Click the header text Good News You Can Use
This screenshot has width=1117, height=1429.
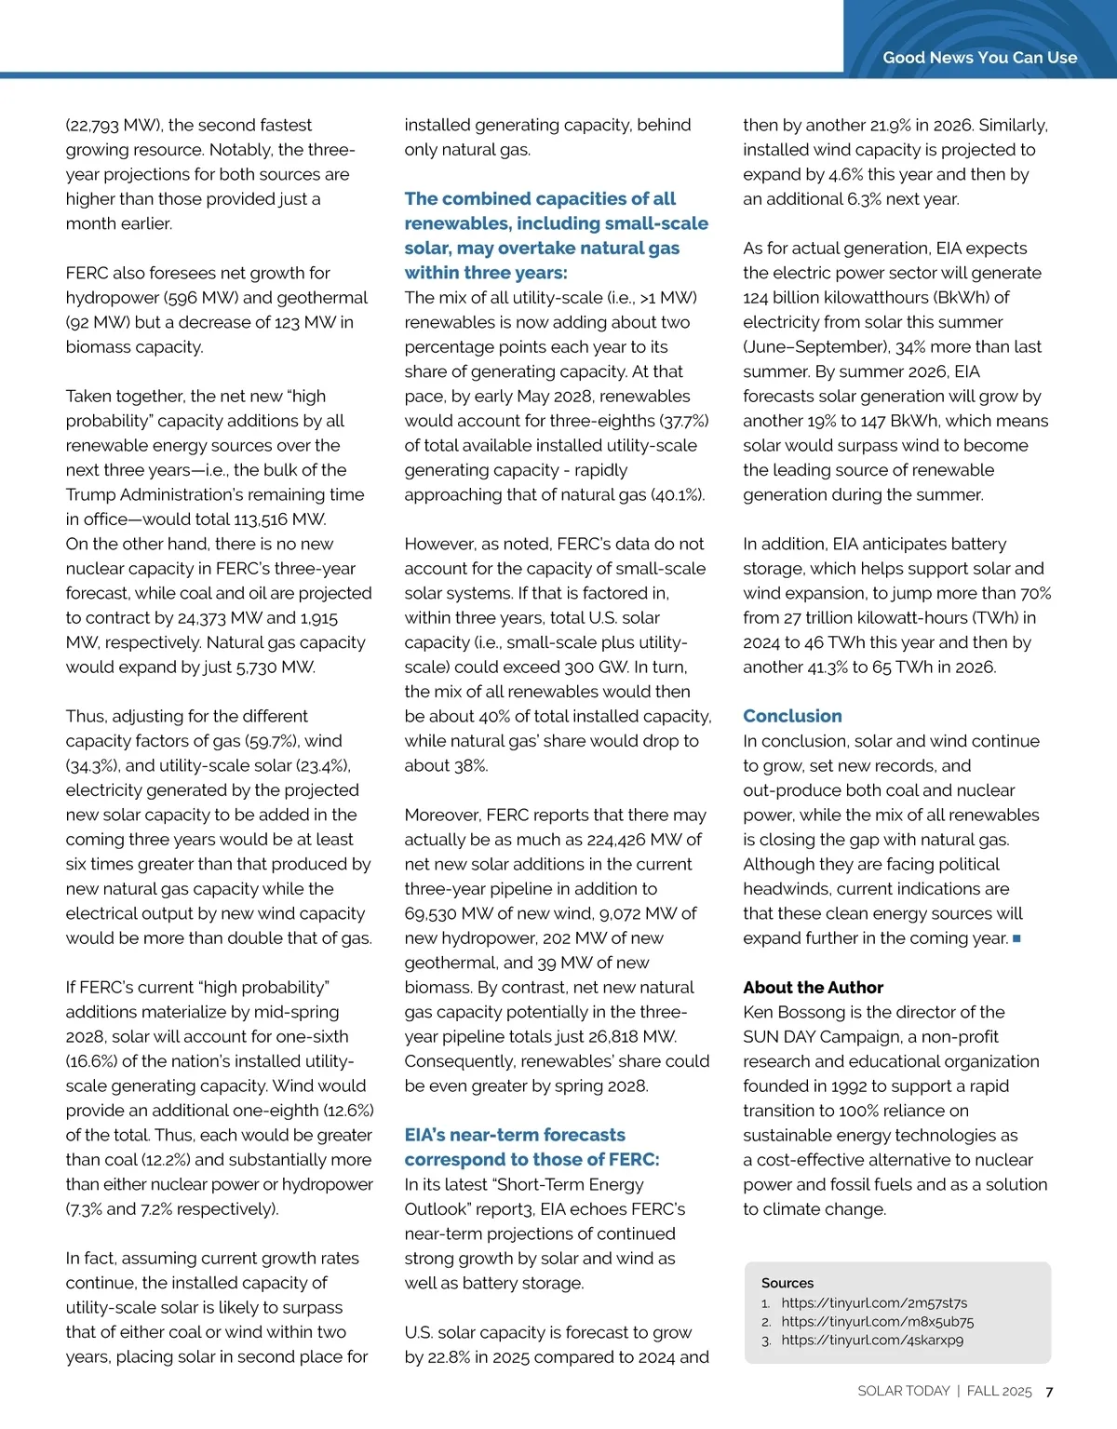pos(979,58)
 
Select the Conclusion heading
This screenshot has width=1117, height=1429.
pos(792,716)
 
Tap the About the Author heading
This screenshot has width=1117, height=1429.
pos(813,987)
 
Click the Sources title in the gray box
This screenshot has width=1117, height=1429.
pos(787,1283)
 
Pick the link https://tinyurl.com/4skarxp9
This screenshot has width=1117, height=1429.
pos(872,1341)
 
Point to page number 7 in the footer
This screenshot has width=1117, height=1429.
pos(1049,1392)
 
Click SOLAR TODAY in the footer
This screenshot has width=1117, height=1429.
pos(903,1391)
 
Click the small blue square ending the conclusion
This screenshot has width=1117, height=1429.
pos(1016,938)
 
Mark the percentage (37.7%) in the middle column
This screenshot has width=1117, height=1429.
pos(682,421)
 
